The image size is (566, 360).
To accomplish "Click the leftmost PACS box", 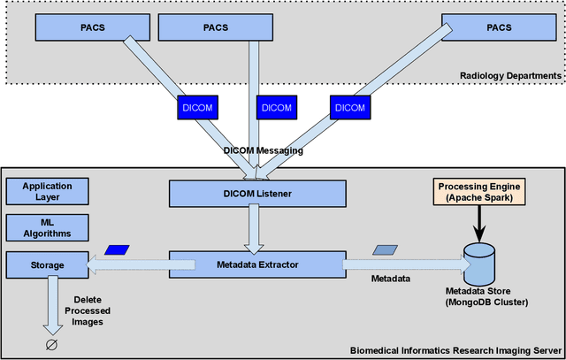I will pos(91,27).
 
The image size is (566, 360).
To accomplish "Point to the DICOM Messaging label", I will pos(263,151).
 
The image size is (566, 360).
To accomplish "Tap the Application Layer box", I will pos(48,191).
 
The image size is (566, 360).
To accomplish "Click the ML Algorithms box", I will pos(48,227).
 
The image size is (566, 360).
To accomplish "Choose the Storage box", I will pos(48,263).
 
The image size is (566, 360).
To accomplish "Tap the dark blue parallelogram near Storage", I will pos(117,250).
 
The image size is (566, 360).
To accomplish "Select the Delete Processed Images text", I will pos(88,310).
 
